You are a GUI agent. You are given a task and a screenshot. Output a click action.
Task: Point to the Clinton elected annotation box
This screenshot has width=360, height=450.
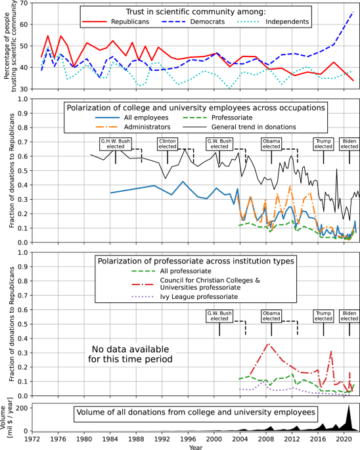coord(168,143)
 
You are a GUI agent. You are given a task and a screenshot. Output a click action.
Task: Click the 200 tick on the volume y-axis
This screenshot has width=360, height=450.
coord(20,408)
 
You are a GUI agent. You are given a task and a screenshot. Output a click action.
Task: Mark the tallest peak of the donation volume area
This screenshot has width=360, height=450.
coord(349,406)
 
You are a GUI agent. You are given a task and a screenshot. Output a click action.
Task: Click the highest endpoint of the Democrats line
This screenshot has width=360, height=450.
coord(353,12)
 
